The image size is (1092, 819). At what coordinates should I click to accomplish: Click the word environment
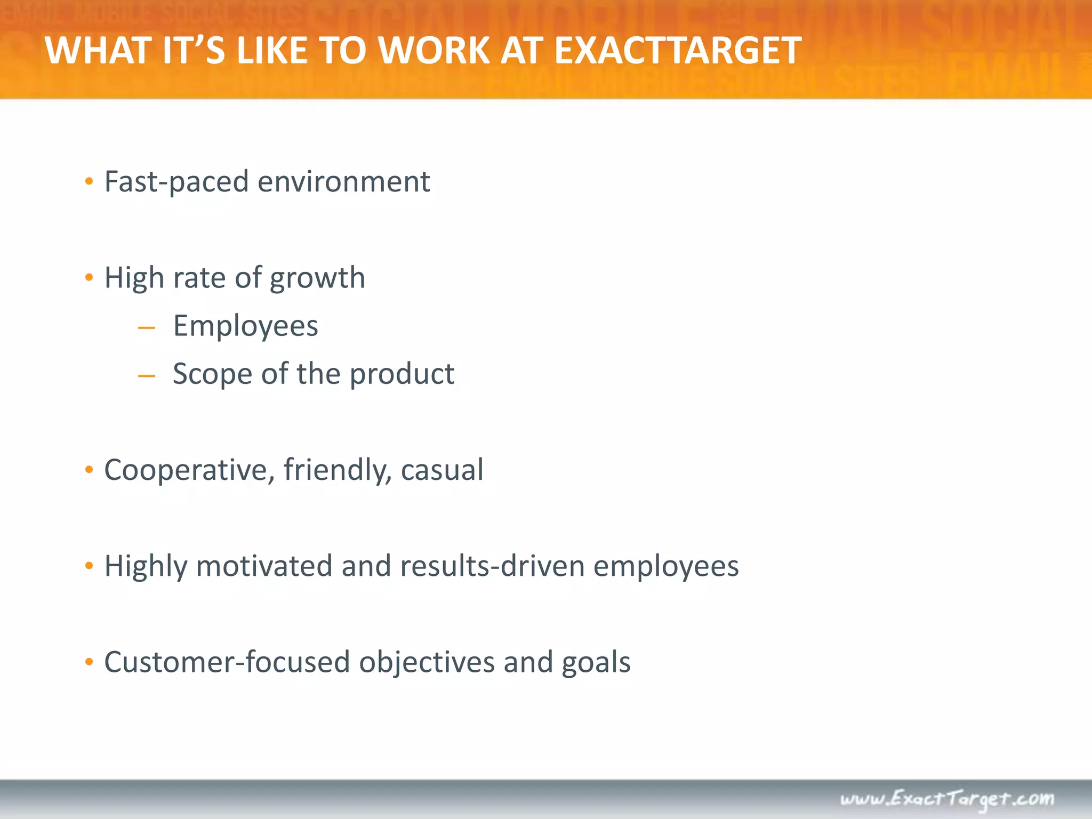pos(344,182)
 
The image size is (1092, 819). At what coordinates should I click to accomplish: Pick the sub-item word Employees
pos(245,326)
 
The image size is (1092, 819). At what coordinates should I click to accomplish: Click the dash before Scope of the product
pos(146,376)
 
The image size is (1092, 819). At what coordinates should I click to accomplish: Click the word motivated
pos(264,566)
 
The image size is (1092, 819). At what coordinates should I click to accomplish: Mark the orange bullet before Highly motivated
pos(89,566)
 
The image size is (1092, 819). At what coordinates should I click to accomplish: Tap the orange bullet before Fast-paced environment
pos(89,182)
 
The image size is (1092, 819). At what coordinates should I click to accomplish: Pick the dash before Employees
pos(146,328)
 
